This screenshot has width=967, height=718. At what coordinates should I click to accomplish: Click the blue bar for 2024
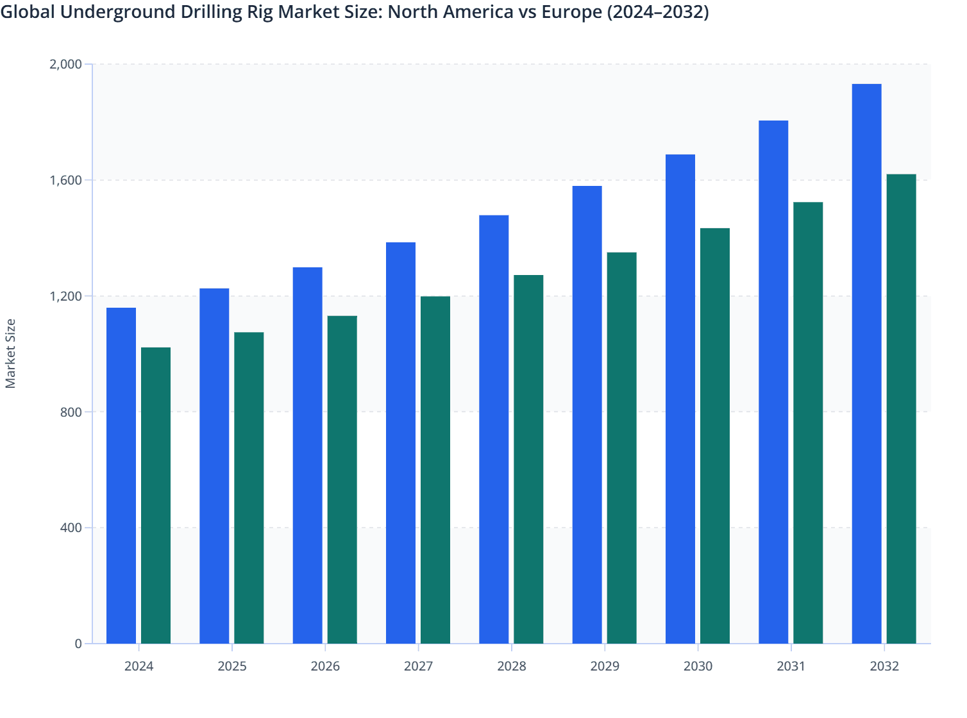tap(121, 476)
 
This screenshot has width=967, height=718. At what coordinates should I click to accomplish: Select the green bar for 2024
tap(156, 496)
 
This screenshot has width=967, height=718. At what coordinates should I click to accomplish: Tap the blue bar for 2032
tap(866, 363)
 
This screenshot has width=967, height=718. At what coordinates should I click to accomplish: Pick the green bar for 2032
tap(901, 409)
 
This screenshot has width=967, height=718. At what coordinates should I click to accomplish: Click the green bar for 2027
tap(435, 470)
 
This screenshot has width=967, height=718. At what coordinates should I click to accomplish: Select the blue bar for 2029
tap(587, 415)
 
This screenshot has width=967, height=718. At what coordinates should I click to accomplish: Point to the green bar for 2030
tap(715, 436)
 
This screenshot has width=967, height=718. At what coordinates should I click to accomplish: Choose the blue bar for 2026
tap(307, 455)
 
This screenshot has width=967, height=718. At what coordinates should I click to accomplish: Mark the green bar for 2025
tap(249, 488)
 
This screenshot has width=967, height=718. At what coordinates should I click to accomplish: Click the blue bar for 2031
tap(773, 382)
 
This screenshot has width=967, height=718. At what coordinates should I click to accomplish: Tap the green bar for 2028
tap(528, 459)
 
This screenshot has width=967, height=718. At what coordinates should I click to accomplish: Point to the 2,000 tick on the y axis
tap(65, 64)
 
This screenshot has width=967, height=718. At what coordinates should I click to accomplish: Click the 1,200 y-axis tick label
tap(65, 296)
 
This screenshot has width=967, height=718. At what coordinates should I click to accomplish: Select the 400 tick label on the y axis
tap(71, 528)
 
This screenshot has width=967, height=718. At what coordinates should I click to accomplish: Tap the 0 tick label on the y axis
tap(78, 644)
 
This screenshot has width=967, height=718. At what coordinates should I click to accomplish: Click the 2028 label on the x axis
tap(511, 666)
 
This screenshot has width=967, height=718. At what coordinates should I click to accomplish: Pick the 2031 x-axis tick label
tap(791, 666)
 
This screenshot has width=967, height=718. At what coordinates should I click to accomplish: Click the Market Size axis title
tap(10, 353)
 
